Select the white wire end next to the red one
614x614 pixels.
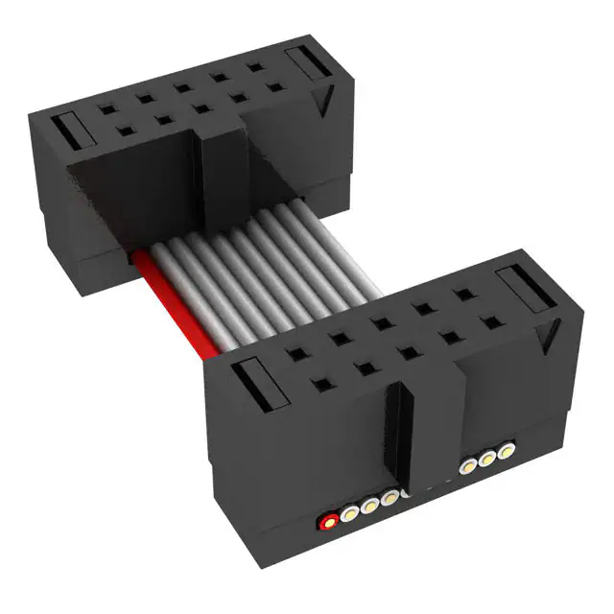pos(350,513)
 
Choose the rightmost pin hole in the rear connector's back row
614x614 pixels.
pos(258,66)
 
